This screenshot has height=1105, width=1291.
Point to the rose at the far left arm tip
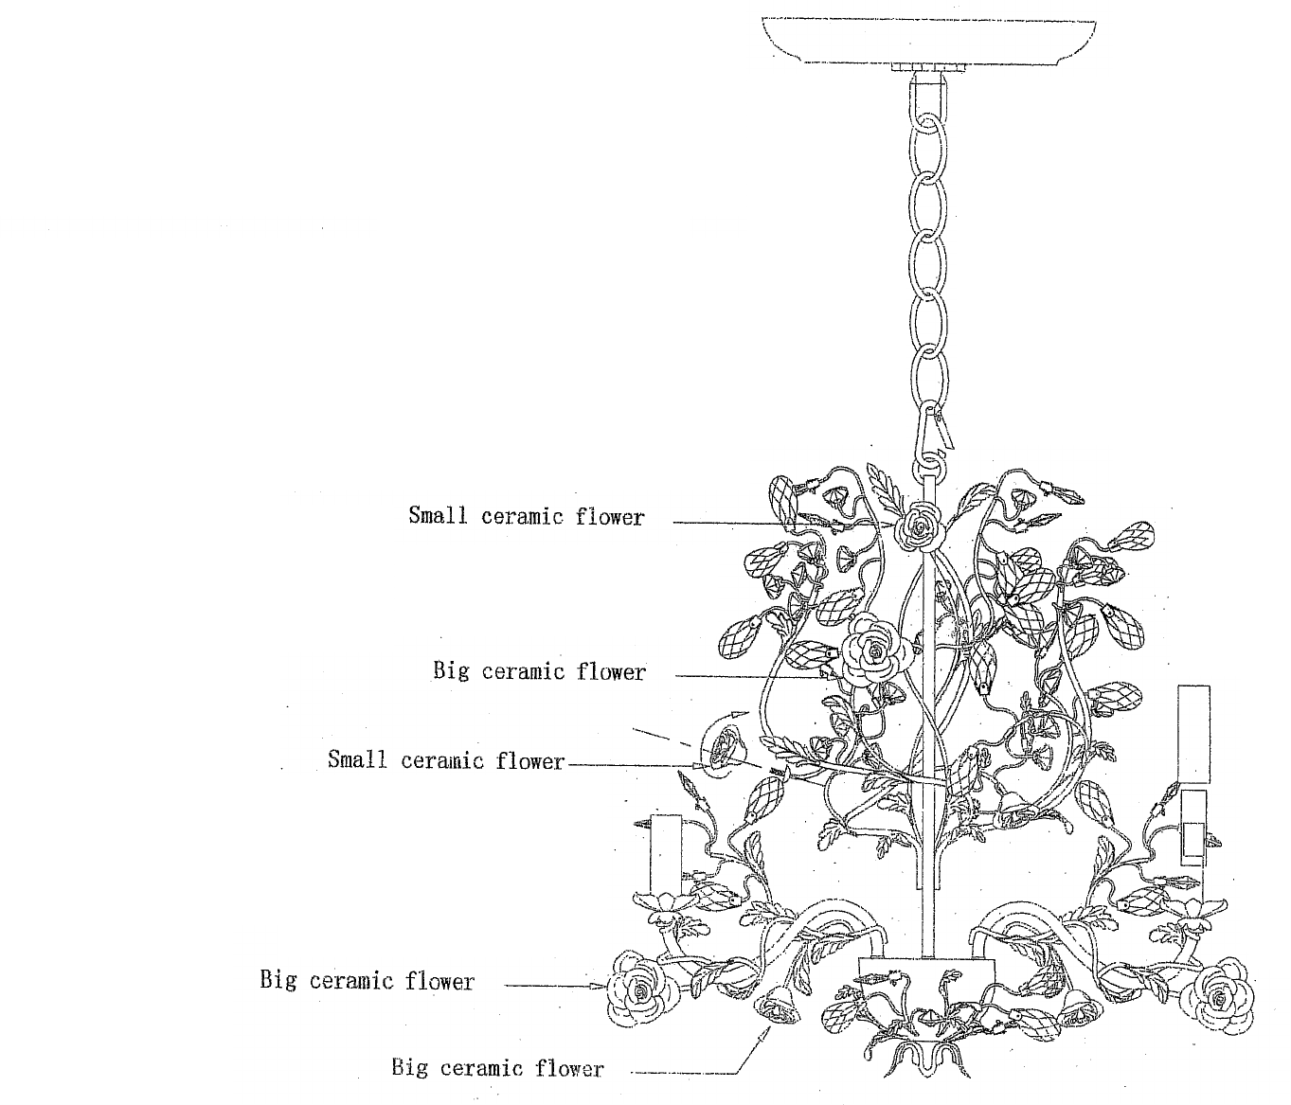point(642,989)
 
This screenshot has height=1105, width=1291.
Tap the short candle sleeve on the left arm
point(665,853)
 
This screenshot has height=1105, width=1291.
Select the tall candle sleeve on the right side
point(1193,733)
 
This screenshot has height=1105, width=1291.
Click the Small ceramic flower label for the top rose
point(526,517)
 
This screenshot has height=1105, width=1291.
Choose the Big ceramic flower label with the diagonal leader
point(497,1069)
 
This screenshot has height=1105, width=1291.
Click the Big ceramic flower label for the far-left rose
point(367,981)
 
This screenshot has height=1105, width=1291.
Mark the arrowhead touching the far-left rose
point(599,986)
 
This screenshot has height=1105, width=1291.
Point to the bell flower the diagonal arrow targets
point(780,1007)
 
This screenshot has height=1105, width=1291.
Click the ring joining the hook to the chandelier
point(928,467)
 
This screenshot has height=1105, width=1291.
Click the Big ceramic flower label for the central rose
point(539,672)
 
